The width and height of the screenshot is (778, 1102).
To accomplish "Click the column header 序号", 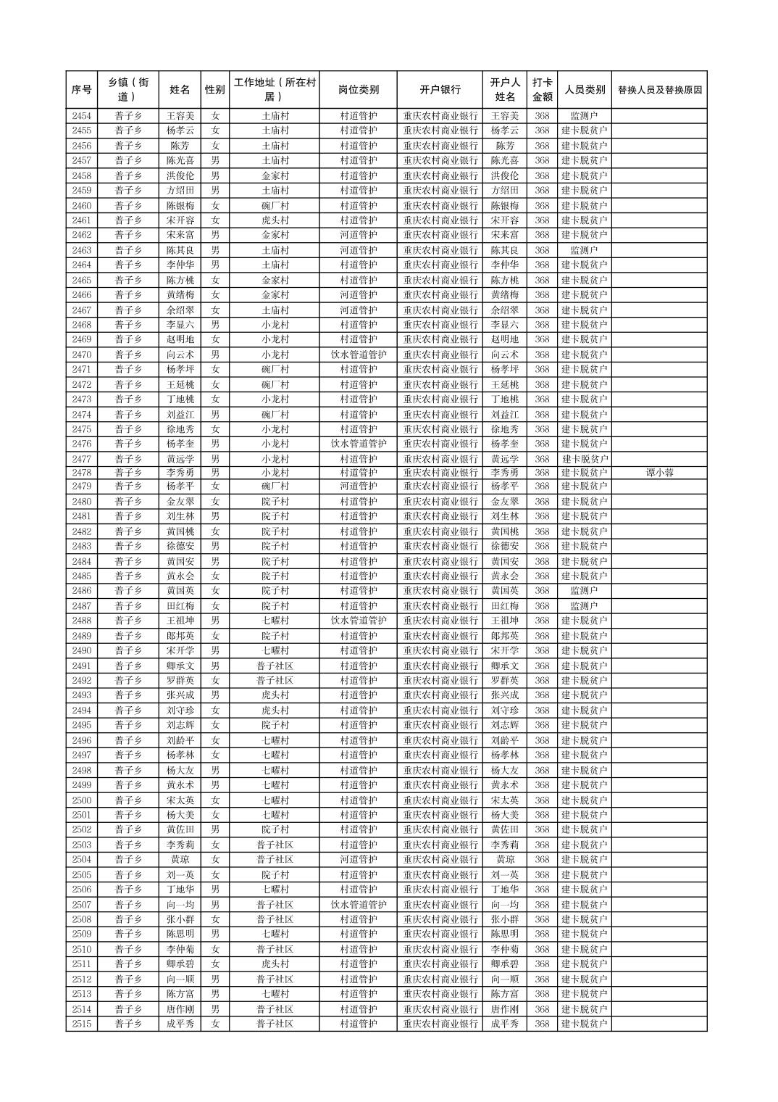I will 82,90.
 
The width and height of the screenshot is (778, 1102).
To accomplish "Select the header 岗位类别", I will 358,90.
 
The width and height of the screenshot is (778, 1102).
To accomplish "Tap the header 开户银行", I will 440,90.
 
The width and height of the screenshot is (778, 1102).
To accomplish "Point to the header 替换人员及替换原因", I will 658,90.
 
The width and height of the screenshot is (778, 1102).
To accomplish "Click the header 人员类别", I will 584,90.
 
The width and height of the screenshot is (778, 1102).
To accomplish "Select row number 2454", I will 82,116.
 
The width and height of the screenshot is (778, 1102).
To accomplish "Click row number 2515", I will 82,1024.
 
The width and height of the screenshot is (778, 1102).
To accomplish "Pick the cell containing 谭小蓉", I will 658,473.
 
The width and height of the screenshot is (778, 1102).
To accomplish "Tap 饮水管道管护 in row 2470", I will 358,355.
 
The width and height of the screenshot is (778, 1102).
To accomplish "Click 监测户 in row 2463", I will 584,250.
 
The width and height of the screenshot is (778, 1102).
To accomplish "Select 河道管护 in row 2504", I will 358,859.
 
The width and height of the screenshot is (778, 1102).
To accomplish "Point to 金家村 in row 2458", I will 275,175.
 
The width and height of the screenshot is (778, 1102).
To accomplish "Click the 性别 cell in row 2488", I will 214,621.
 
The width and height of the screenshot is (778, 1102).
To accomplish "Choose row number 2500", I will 82,800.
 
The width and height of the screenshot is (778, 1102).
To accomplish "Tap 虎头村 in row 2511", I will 275,964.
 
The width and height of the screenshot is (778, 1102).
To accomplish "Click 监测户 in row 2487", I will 584,606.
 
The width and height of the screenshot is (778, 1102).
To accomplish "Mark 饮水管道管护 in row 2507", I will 358,905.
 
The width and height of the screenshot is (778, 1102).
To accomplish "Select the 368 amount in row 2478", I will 542,473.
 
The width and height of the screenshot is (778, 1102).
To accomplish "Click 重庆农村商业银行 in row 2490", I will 440,650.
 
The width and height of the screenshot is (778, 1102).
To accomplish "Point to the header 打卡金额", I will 542,90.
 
